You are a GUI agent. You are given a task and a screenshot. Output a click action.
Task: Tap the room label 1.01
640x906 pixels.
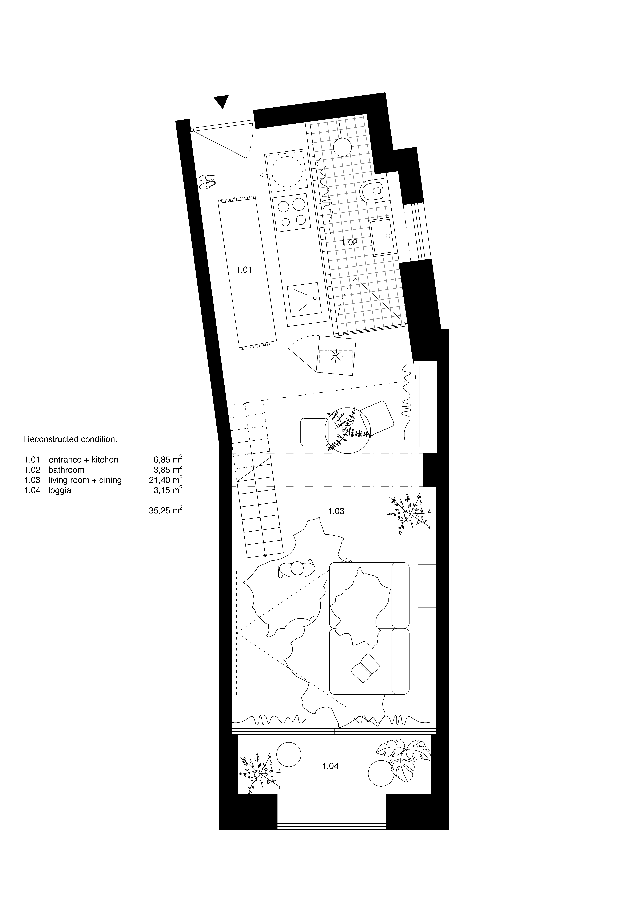pos(244,270)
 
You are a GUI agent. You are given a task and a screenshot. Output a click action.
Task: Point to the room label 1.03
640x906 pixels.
pos(336,511)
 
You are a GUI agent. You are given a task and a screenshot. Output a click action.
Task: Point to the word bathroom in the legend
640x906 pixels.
pos(66,470)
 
